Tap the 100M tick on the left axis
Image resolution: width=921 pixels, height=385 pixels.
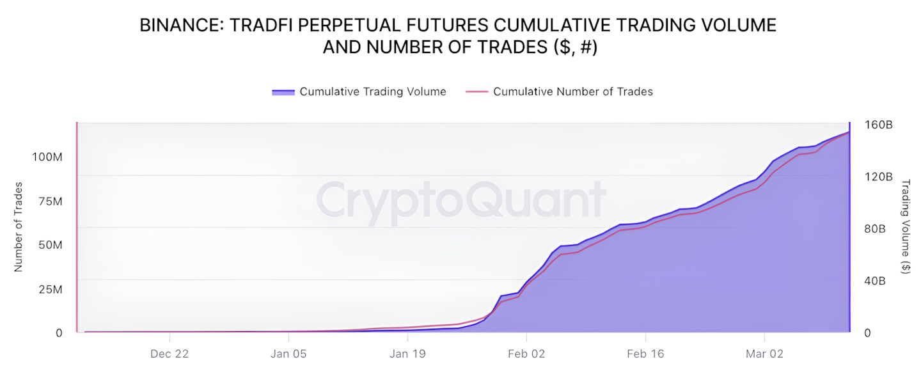pos(47,157)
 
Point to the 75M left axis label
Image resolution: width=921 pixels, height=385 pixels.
pos(49,201)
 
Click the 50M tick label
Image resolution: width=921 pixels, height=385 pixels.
pos(49,246)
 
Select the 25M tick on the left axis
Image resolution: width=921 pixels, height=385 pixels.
pos(49,290)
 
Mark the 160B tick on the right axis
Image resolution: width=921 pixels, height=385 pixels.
pos(879,125)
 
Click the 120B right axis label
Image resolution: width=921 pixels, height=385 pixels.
pos(879,177)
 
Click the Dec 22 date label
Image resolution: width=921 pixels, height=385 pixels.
pos(169,354)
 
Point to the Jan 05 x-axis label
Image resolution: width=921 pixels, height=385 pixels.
pos(288,354)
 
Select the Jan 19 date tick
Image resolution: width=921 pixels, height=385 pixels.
pos(407,354)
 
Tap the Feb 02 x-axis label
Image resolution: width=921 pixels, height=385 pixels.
pos(526,354)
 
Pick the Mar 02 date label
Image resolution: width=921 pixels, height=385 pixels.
pos(765,354)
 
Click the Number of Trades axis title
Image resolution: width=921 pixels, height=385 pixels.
pos(19,227)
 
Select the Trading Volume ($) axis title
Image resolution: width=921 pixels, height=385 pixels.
pos(905,227)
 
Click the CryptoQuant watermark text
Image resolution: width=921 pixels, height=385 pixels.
pos(460,200)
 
